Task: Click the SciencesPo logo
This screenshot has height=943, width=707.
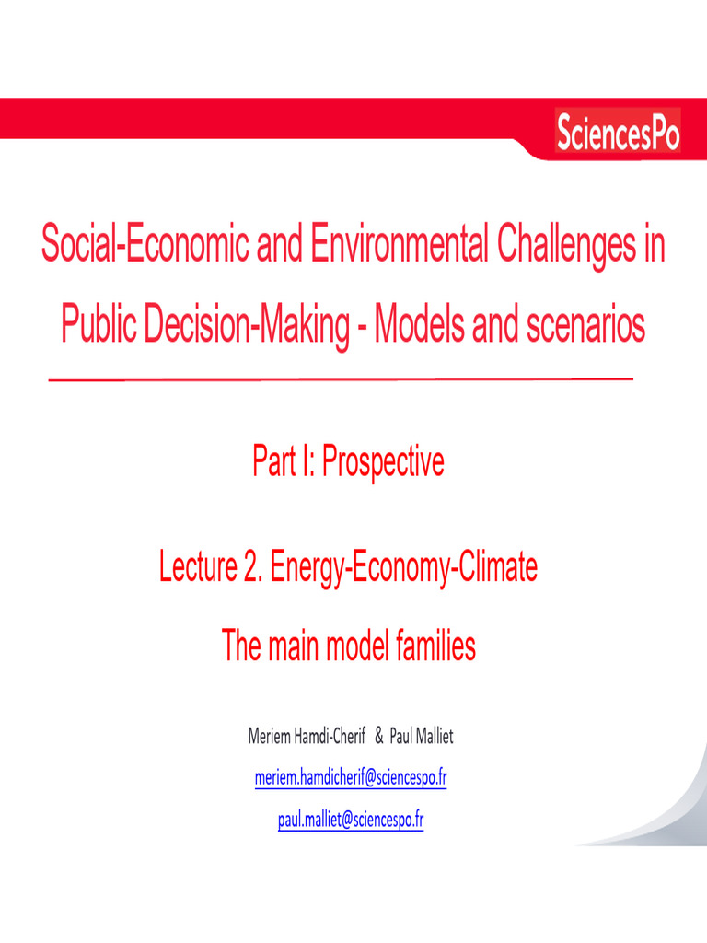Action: [618, 134]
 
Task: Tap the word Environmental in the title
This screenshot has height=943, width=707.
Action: [399, 248]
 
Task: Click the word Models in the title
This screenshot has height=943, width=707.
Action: [418, 326]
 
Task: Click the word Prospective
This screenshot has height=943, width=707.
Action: [381, 461]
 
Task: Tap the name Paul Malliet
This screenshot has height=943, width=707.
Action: [422, 737]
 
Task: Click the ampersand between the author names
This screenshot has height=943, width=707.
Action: [379, 737]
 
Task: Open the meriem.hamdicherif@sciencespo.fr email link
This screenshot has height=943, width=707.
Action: [351, 778]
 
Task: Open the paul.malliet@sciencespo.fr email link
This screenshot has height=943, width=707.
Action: [351, 819]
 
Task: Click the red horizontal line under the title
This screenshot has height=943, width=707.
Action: [341, 379]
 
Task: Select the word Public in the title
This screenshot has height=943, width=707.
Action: [99, 326]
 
